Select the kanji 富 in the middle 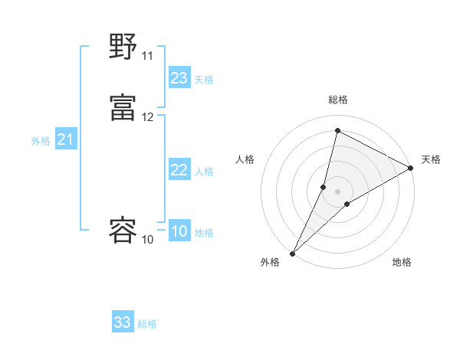[123, 106]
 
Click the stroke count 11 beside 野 [147, 56]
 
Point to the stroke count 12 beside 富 [147, 117]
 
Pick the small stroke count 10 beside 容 [147, 240]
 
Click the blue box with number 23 [179, 78]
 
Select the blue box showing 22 [179, 170]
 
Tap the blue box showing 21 [66, 139]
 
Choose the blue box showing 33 [123, 322]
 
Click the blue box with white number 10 [179, 231]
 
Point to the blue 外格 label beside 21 [41, 141]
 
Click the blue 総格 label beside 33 [148, 324]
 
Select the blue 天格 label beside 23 [204, 80]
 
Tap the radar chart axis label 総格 [338, 100]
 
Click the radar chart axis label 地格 [402, 262]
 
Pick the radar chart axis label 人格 [245, 159]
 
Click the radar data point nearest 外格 [292, 253]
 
